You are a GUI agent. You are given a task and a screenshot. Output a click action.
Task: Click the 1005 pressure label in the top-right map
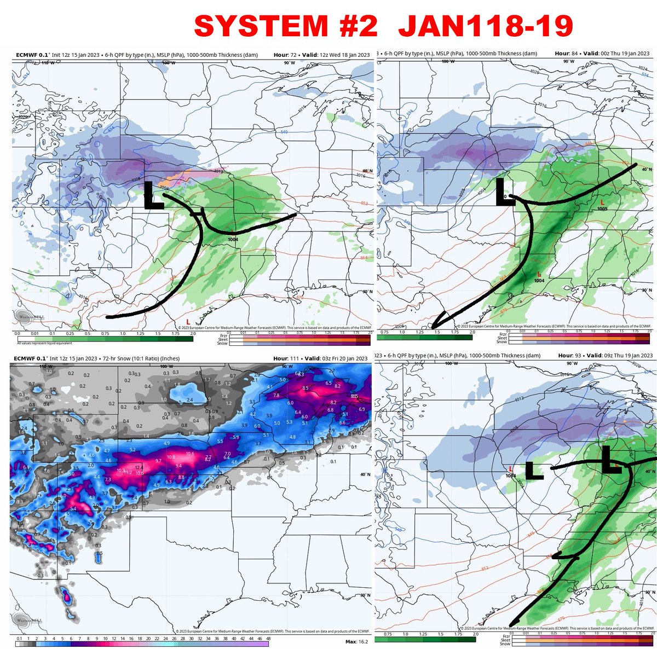[x=602, y=208]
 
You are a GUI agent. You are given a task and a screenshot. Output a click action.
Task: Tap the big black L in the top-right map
[x=504, y=193]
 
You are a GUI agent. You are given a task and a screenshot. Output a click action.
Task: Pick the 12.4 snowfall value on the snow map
[x=139, y=467]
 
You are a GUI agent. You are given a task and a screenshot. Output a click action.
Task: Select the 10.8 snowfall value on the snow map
[x=170, y=457]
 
